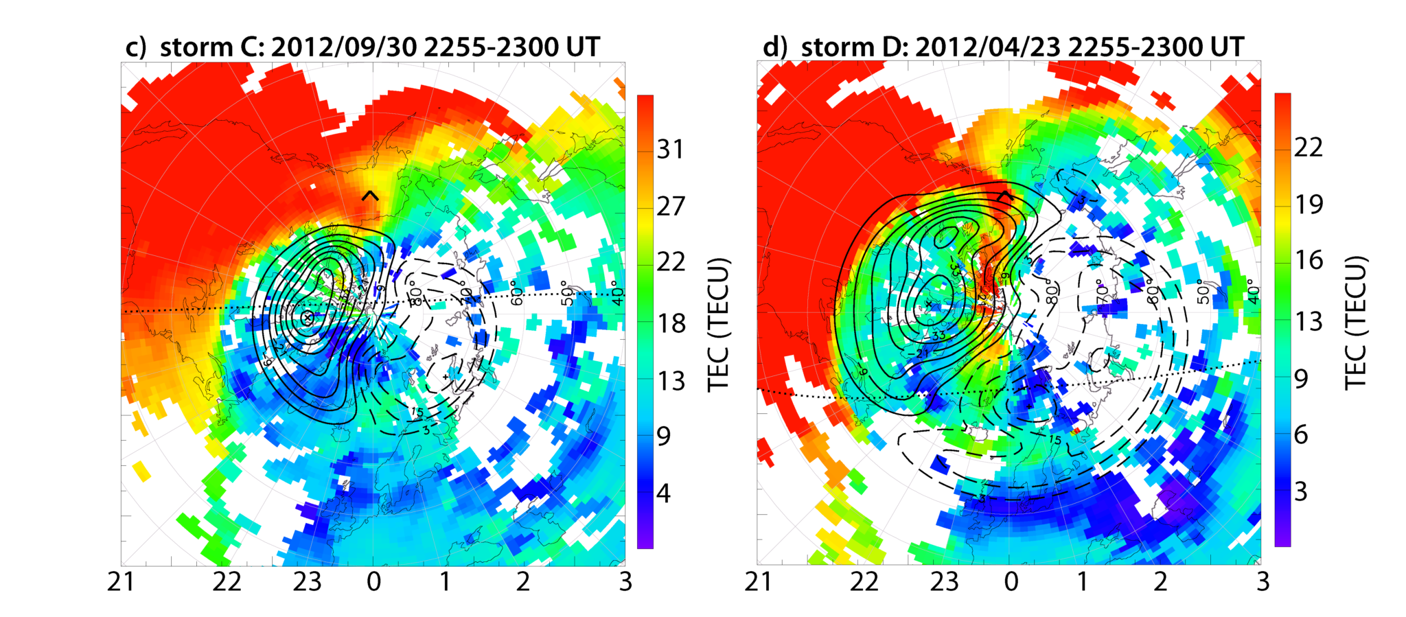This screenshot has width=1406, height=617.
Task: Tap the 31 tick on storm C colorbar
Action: point(671,149)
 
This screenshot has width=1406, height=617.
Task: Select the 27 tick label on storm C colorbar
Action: point(671,206)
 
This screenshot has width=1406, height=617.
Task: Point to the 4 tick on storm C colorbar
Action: point(663,493)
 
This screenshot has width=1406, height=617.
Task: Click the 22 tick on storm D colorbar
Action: point(1308,147)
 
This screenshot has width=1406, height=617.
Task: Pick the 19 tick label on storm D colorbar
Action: point(1308,204)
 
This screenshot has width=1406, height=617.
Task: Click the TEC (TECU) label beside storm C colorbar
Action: point(718,324)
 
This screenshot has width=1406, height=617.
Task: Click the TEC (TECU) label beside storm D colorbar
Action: point(1356,323)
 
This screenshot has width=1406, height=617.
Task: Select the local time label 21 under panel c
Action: point(121,582)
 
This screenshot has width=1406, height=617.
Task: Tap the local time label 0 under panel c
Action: point(373,582)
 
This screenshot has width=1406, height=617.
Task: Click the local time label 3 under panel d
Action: point(1262,582)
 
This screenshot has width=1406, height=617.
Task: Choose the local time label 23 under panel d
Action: point(944,582)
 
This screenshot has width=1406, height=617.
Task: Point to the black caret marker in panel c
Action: point(370,196)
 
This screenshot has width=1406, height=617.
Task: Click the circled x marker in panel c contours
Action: point(308,317)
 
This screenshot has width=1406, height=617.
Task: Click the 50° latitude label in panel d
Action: point(1203,292)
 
